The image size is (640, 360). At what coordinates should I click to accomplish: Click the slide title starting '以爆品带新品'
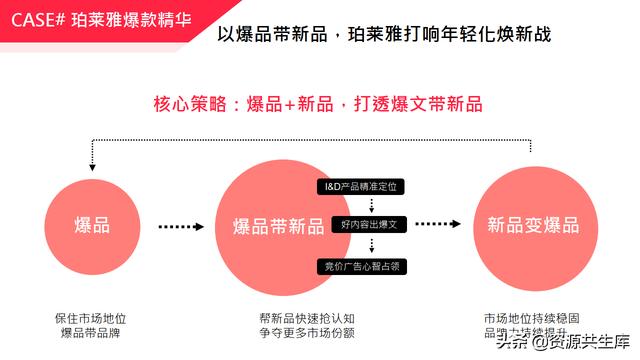384,35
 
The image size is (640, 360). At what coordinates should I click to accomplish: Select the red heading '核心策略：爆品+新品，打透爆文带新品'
318,103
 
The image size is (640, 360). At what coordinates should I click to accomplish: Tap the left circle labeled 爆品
91,225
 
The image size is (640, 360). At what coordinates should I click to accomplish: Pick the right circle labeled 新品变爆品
526,225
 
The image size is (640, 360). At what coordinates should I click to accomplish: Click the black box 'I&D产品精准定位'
362,187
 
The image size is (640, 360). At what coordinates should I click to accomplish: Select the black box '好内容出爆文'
362,226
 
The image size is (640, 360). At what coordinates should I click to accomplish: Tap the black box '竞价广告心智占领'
362,265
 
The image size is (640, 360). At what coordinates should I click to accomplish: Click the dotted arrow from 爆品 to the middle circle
180,227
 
